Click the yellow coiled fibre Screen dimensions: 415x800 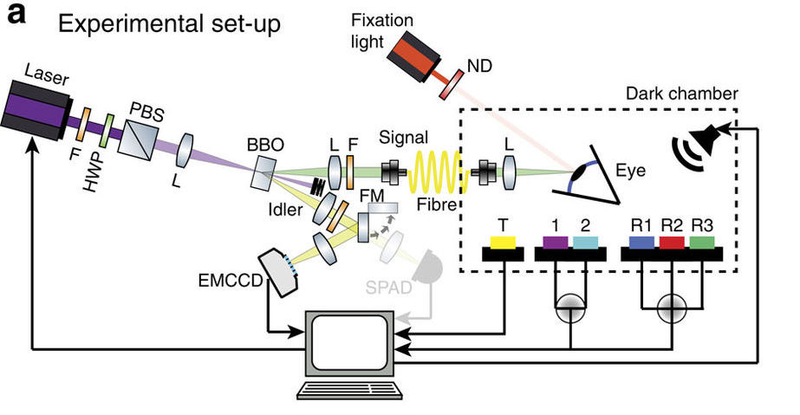pyautogui.click(x=439, y=170)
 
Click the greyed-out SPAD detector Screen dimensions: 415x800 pyautogui.click(x=425, y=269)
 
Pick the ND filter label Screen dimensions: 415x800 pyautogui.click(x=478, y=63)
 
